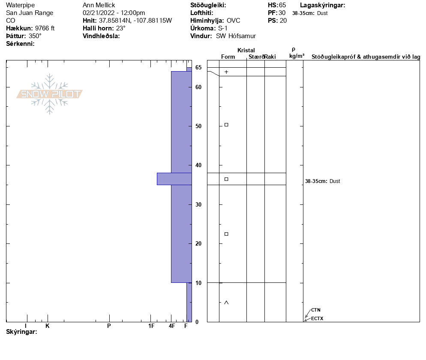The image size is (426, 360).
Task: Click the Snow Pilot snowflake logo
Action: click(49, 94)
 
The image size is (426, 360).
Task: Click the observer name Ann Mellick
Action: click(99, 5)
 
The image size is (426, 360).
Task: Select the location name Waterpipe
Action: click(21, 5)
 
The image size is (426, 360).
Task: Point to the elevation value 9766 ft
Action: click(45, 28)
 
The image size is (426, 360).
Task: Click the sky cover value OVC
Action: click(234, 21)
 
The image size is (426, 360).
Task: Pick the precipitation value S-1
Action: click(223, 28)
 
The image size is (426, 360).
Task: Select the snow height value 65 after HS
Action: click(282, 5)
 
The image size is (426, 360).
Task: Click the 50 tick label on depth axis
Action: click(198, 126)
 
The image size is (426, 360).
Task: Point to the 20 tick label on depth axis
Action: click(198, 244)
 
